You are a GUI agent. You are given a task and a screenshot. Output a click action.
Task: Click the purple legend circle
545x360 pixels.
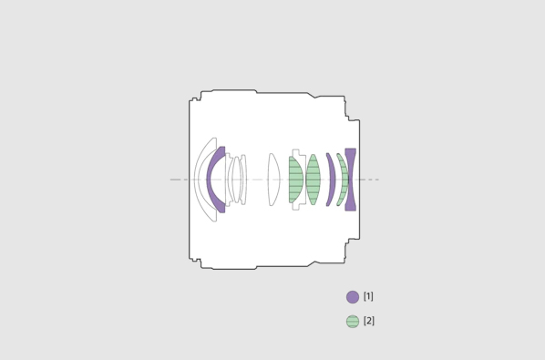[353, 297]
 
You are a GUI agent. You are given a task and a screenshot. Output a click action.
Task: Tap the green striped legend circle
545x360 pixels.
[353, 322]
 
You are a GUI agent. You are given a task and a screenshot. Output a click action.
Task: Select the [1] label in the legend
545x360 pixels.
[368, 296]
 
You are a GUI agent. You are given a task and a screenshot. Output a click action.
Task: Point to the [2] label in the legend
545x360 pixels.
[369, 321]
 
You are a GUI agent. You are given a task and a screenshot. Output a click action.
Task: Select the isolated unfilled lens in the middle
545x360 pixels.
[273, 180]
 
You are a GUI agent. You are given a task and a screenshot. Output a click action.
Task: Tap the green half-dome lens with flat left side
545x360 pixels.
[295, 180]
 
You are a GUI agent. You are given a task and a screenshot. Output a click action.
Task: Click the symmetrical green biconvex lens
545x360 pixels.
[313, 180]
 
